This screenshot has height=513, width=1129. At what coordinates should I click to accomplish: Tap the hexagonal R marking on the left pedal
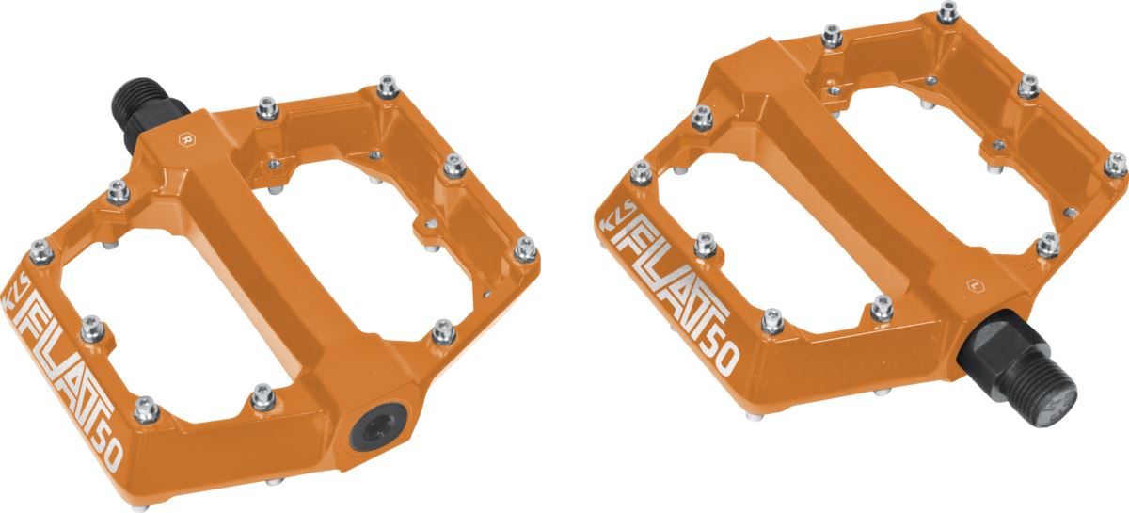[187, 139]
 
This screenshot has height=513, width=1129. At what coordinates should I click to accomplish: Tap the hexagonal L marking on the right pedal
[976, 286]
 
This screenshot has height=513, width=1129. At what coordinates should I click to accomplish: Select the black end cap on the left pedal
[378, 426]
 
